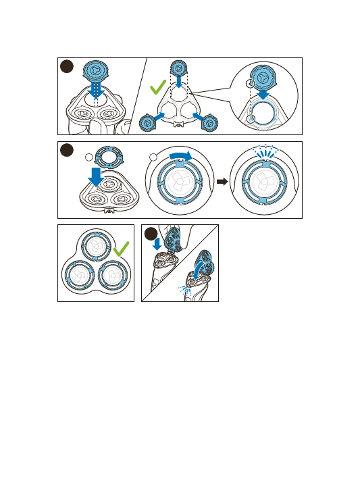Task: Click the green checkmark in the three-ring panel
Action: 122,251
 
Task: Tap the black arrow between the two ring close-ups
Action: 222,181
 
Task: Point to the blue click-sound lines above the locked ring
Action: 264,153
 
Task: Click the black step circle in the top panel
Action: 66,66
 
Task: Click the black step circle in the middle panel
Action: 66,150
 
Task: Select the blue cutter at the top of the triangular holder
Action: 179,68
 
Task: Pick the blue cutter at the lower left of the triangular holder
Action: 147,123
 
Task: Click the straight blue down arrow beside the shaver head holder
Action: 157,243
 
